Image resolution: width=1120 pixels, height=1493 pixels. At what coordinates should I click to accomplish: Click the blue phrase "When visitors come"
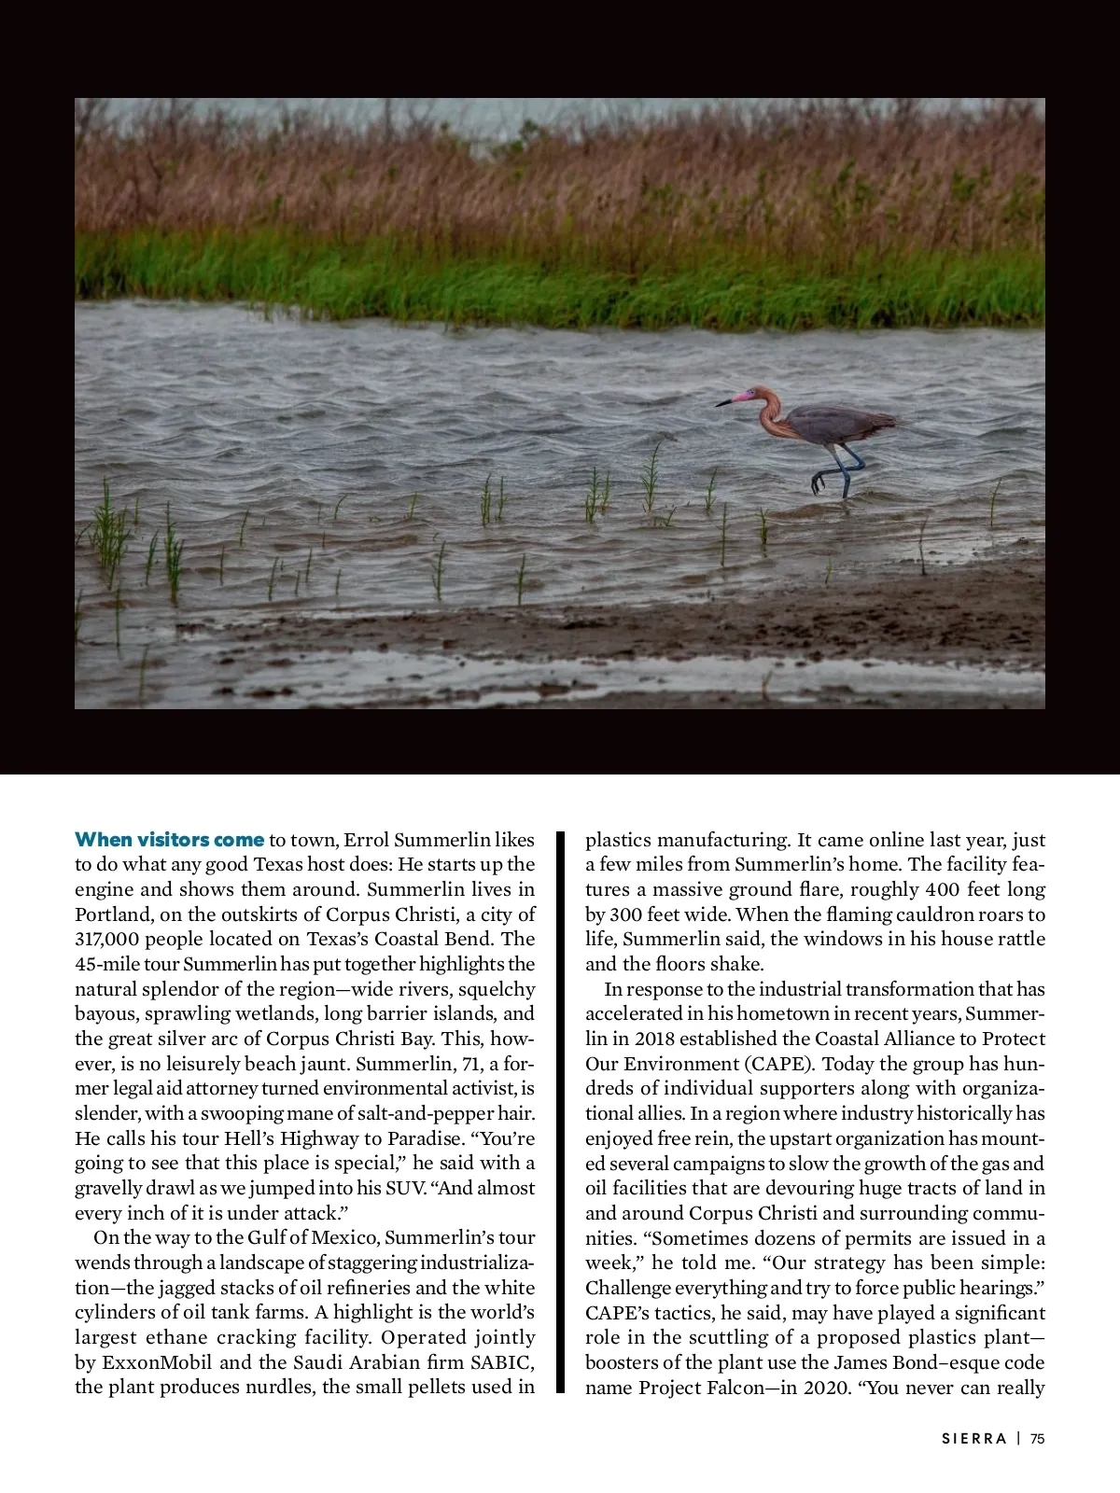coord(169,839)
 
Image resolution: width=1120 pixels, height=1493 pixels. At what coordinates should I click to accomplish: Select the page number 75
coord(1038,1438)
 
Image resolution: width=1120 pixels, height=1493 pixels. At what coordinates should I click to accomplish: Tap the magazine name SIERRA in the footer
coord(974,1438)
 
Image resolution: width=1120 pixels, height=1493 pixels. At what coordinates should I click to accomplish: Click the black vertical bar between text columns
coord(561,1110)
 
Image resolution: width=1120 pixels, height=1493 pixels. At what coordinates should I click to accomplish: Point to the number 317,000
coord(105,939)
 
